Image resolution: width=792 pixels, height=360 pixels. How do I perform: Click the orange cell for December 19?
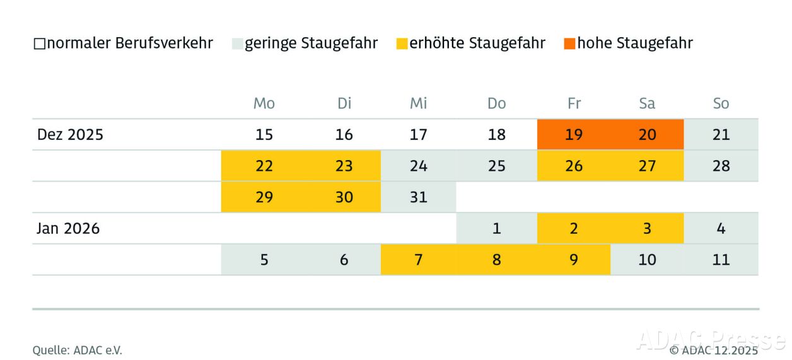pyautogui.click(x=574, y=134)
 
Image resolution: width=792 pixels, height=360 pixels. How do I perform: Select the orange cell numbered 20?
pyautogui.click(x=647, y=134)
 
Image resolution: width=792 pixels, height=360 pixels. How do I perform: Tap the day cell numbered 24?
pyautogui.click(x=418, y=166)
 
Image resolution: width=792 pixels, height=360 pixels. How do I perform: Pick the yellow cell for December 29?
pyautogui.click(x=264, y=197)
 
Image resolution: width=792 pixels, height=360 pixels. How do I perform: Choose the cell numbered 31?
pyautogui.click(x=418, y=197)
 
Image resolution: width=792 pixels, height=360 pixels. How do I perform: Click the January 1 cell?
pyautogui.click(x=497, y=228)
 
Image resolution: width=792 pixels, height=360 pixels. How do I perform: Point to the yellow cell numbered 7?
pyautogui.click(x=418, y=259)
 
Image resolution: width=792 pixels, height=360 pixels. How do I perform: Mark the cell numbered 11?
pyautogui.click(x=721, y=259)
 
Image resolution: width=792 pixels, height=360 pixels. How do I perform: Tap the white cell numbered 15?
pyautogui.click(x=264, y=134)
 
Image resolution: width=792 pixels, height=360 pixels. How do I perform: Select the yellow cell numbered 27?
pyautogui.click(x=647, y=166)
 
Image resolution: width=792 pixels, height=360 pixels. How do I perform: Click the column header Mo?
pyautogui.click(x=264, y=103)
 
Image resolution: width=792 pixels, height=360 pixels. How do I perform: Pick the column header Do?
pyautogui.click(x=497, y=103)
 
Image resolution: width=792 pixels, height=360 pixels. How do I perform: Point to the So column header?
pyautogui.click(x=721, y=103)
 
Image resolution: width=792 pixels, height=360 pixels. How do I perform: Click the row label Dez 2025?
pyautogui.click(x=70, y=134)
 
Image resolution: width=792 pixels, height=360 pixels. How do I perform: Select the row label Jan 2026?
pyautogui.click(x=68, y=228)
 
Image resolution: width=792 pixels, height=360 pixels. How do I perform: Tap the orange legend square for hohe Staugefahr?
pyautogui.click(x=569, y=44)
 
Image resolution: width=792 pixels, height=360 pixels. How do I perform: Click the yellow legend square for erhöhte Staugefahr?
pyautogui.click(x=402, y=44)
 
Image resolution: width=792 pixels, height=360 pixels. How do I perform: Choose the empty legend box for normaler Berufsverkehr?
pyautogui.click(x=39, y=44)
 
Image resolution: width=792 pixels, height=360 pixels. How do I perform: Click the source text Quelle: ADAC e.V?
pyautogui.click(x=77, y=350)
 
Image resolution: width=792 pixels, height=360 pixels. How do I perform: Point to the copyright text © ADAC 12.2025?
pyautogui.click(x=714, y=350)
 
